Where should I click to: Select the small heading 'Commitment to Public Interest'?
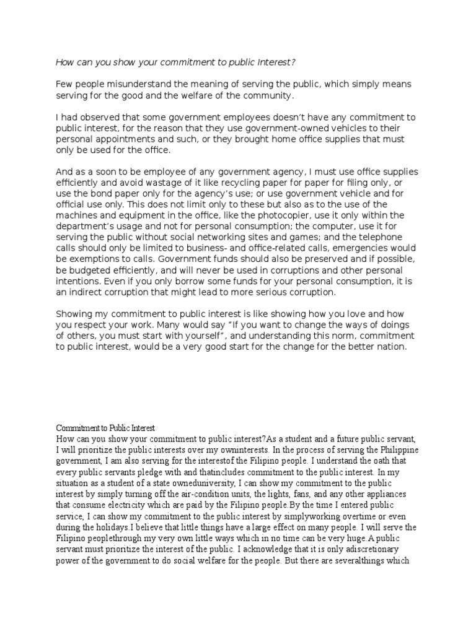pyautogui.click(x=105, y=428)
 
